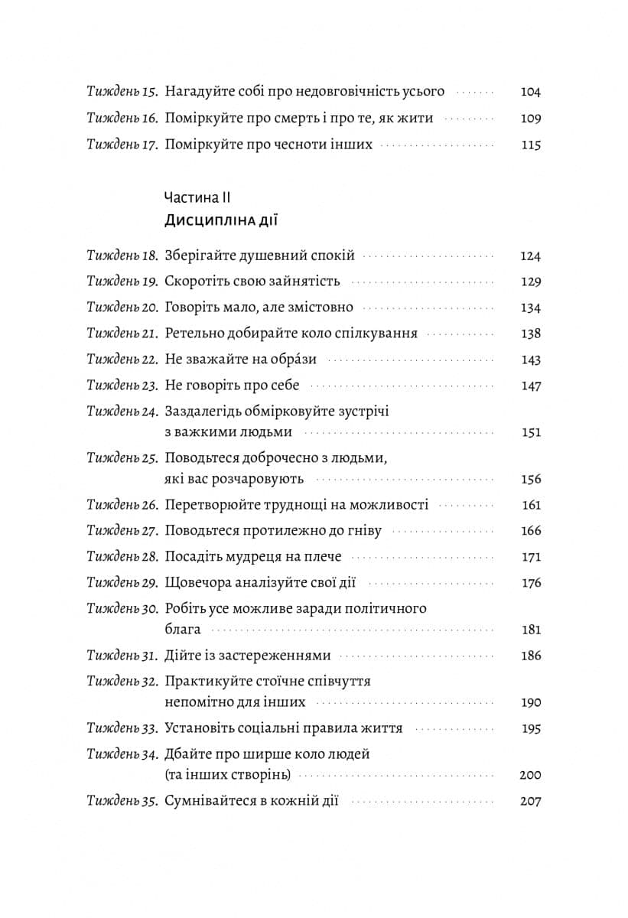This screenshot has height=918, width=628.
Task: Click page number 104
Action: click(x=530, y=92)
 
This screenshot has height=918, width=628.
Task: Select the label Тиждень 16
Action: click(x=122, y=119)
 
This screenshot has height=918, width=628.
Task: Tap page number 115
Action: click(x=531, y=145)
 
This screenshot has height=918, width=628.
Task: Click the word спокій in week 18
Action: click(x=331, y=256)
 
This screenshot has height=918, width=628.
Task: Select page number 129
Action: click(x=530, y=282)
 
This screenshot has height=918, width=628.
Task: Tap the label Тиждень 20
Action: click(x=122, y=308)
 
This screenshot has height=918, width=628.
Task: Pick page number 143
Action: click(x=530, y=360)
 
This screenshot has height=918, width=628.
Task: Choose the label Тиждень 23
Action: click(x=122, y=386)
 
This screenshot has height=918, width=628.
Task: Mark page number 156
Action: click(x=530, y=479)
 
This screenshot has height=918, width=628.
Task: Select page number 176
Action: click(x=530, y=583)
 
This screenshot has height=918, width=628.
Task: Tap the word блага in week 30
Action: click(x=183, y=630)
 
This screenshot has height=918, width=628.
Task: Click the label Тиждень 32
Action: click(x=122, y=681)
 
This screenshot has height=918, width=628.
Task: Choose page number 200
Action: click(x=529, y=775)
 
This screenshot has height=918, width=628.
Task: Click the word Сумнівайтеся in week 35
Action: click(x=210, y=802)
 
